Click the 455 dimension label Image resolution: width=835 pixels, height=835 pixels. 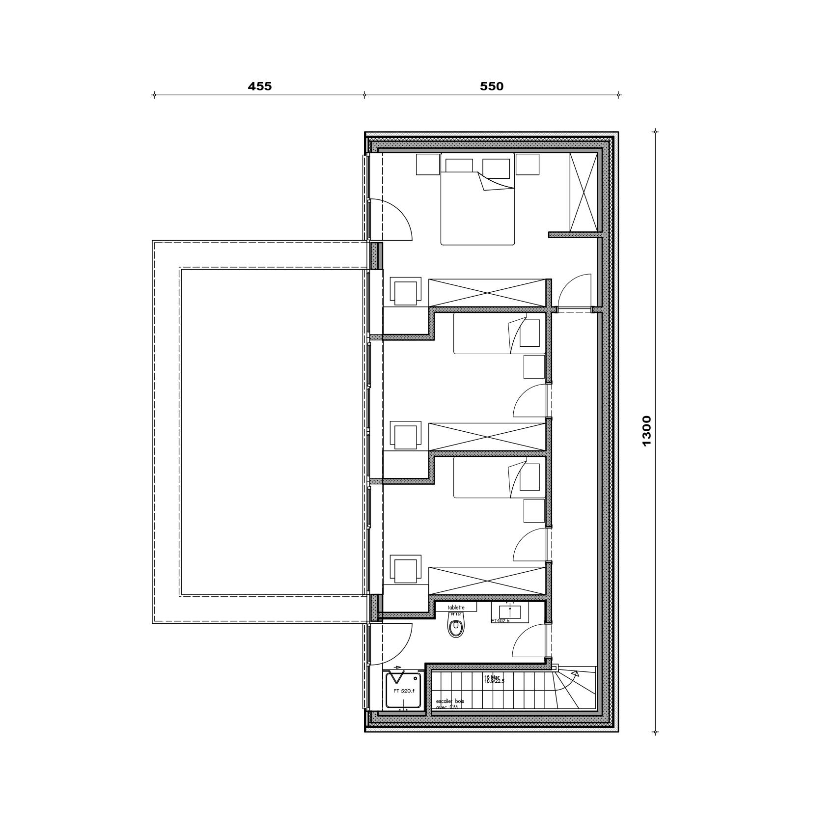259,86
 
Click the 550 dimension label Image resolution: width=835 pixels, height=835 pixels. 492,86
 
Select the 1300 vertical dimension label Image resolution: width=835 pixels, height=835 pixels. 646,431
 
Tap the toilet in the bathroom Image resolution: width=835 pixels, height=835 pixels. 456,627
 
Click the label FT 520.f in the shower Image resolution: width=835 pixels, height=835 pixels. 404,691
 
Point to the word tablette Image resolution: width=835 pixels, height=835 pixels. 455,608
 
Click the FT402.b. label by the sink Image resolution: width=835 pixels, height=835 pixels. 501,621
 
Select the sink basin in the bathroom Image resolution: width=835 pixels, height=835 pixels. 510,612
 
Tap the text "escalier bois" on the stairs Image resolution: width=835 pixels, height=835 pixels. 449,701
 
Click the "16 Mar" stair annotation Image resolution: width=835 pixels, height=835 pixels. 492,676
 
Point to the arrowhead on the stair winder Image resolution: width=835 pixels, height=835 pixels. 574,675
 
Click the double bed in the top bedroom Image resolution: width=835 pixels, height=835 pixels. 477,206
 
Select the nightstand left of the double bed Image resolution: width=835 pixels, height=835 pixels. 428,164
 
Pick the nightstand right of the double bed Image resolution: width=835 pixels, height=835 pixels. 528,164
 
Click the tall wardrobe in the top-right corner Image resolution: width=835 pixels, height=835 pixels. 583,192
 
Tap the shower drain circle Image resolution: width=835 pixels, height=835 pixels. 417,677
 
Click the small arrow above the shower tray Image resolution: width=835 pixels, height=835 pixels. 397,667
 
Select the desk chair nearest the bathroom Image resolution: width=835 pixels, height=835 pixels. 406,570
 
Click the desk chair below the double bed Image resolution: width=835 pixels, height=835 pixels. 406,292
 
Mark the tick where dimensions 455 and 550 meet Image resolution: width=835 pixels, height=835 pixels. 364,95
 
